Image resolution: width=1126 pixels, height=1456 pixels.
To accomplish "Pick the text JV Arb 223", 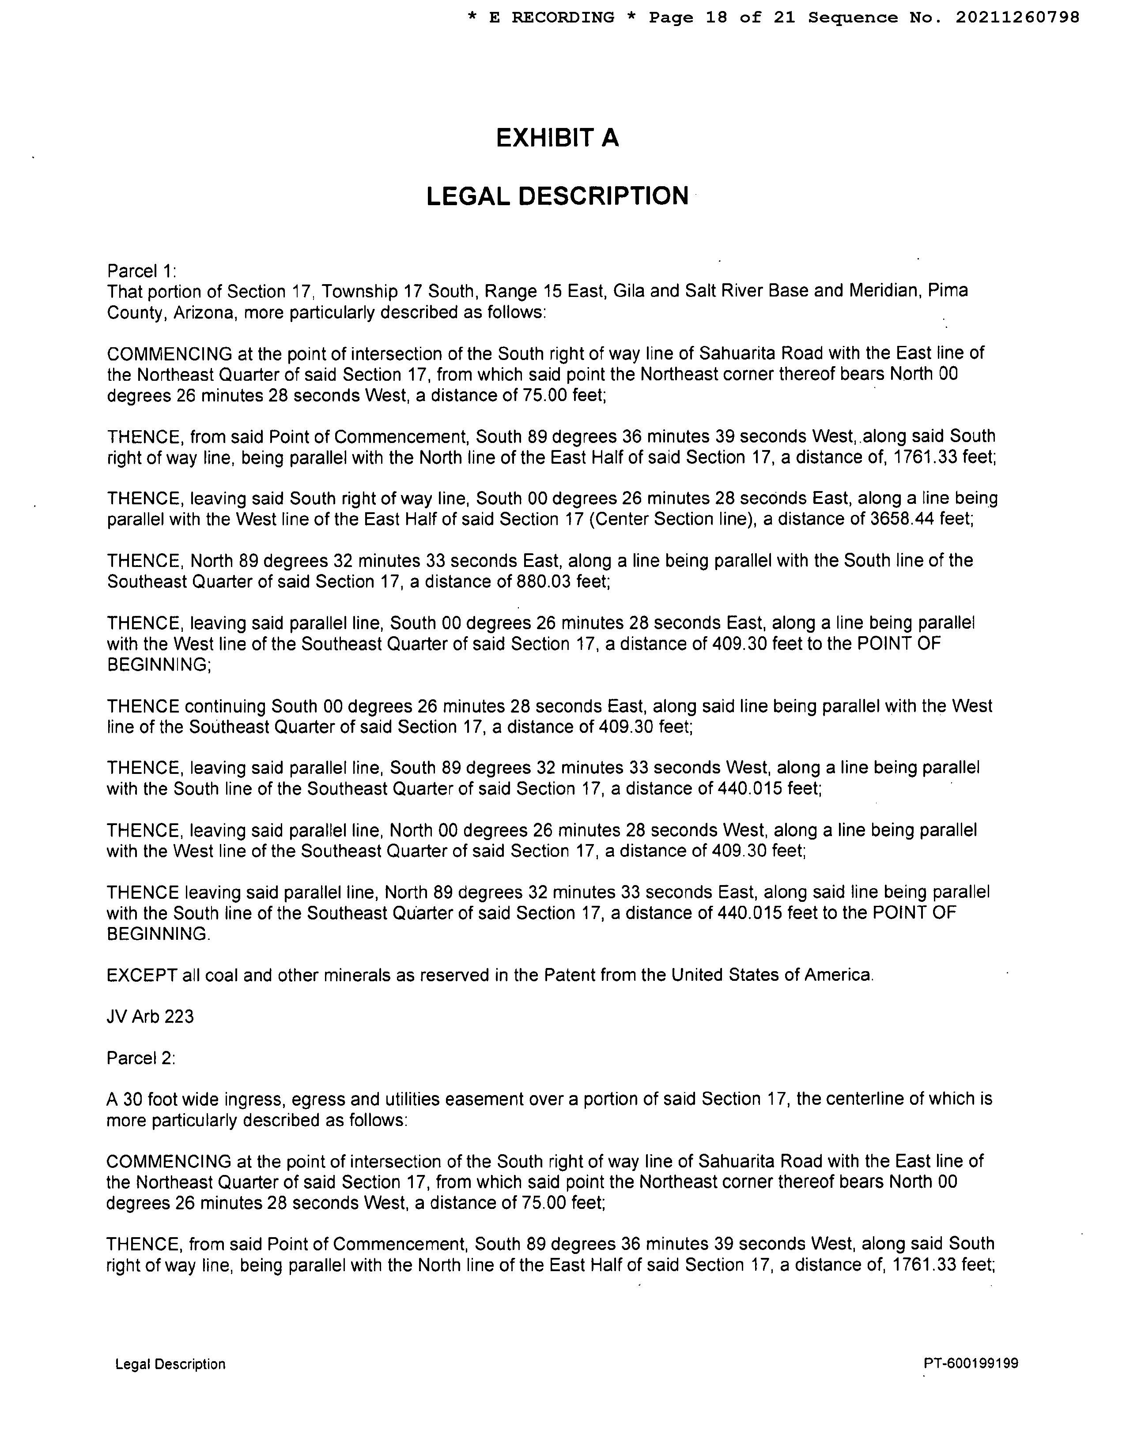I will (x=150, y=1017).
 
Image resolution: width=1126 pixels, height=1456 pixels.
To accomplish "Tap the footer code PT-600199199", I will (x=971, y=1363).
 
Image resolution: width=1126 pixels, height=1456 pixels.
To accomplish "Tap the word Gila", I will (x=630, y=291).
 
